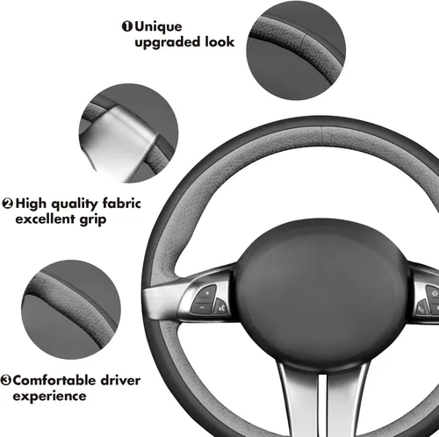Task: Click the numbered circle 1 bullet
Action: click(x=127, y=26)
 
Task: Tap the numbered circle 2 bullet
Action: click(x=8, y=204)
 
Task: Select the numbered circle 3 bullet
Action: click(x=5, y=380)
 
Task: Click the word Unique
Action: click(x=158, y=27)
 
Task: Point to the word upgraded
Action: click(x=167, y=42)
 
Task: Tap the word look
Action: click(x=219, y=41)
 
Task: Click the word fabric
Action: click(x=122, y=203)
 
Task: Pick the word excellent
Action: click(x=45, y=218)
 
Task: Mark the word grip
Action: click(x=93, y=220)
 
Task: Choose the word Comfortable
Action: click(x=54, y=380)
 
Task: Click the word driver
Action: click(x=120, y=380)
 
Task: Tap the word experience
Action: click(x=49, y=397)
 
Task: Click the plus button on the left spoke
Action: click(x=205, y=294)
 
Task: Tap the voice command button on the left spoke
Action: click(x=220, y=306)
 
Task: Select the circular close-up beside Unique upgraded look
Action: click(x=296, y=50)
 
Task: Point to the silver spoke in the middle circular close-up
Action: click(x=119, y=142)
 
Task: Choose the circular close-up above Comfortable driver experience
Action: click(x=71, y=310)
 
